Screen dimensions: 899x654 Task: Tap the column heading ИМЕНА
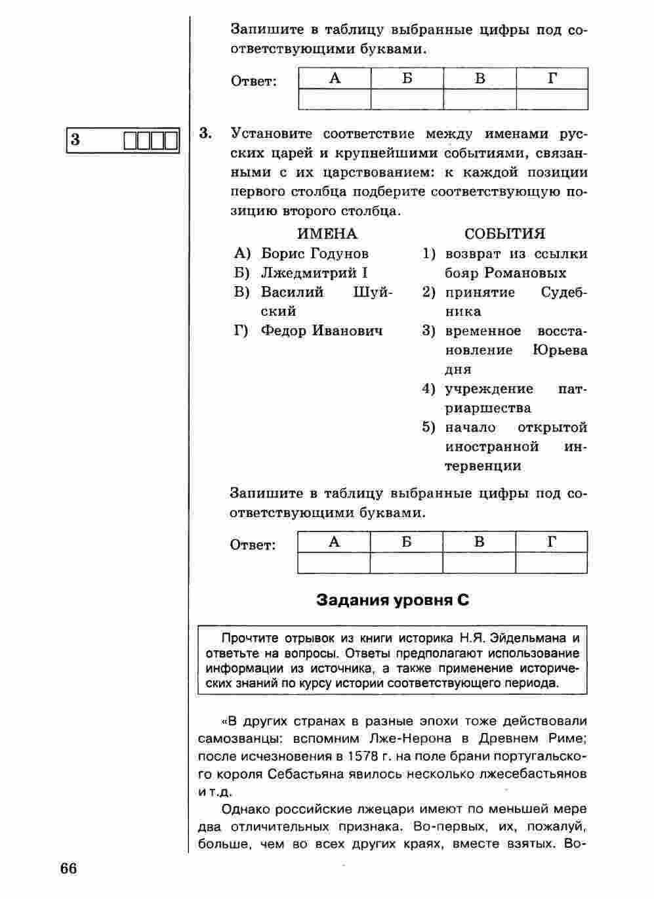point(327,234)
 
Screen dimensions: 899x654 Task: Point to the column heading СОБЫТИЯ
point(504,234)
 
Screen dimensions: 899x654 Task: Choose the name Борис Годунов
point(315,254)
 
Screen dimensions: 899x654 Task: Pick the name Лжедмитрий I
point(314,273)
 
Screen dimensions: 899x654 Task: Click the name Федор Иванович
point(321,331)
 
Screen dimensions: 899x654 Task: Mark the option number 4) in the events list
point(428,389)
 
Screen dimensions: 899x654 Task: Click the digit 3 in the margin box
point(75,140)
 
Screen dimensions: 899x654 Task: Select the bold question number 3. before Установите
point(205,134)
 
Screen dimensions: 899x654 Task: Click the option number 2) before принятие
point(428,293)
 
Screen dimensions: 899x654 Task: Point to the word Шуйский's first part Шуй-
point(372,293)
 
